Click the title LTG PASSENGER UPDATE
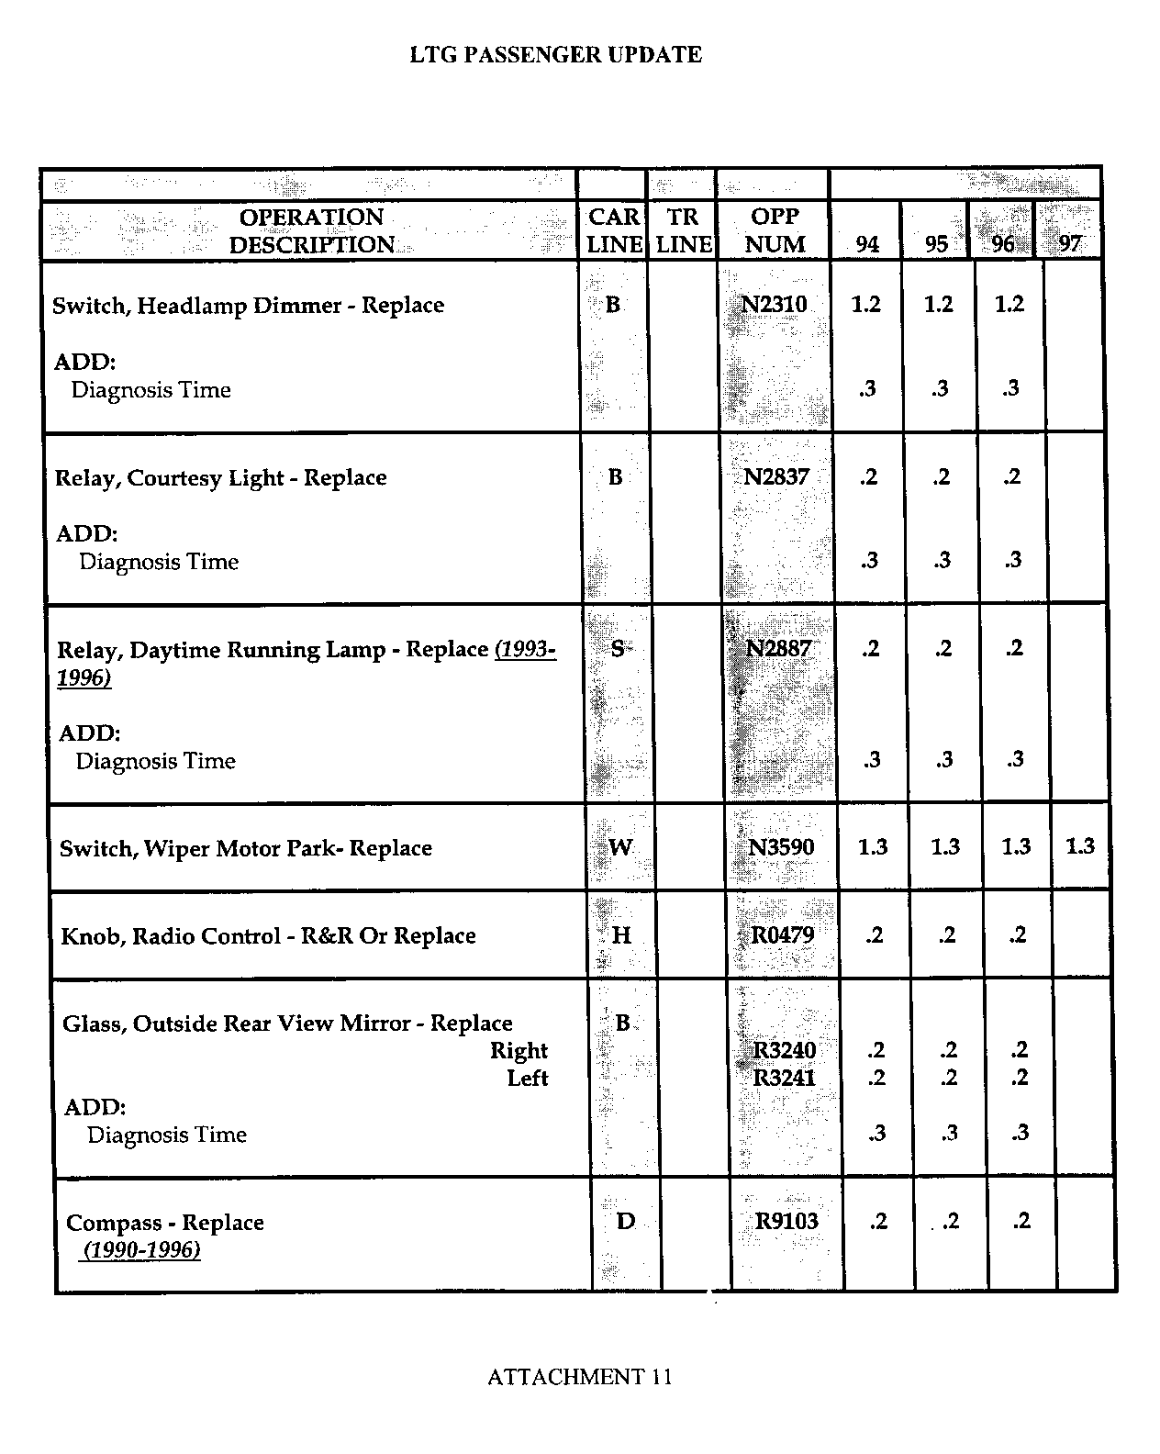point(555,55)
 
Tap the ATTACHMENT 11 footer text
point(579,1377)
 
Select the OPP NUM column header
point(775,230)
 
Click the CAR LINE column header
point(614,230)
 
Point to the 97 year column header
point(1070,244)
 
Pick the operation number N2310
point(774,304)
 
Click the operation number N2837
point(776,476)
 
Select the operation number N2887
point(778,648)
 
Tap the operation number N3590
point(781,846)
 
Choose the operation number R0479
point(783,934)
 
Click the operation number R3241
point(784,1078)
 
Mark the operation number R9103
point(786,1221)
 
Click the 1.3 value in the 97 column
point(1080,845)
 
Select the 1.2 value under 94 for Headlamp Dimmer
point(865,304)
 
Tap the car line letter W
point(620,847)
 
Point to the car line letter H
point(621,935)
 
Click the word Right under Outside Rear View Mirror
point(519,1050)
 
